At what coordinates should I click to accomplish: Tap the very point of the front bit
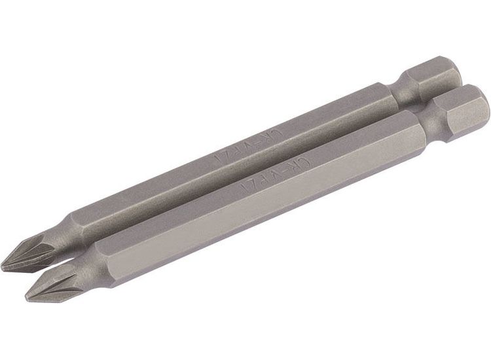point(27,296)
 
